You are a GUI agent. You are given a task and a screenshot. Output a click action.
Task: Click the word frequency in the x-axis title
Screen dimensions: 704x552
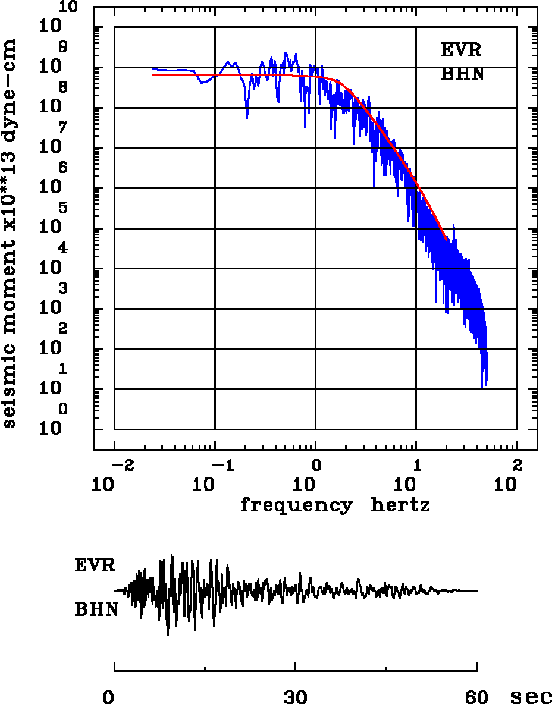296,505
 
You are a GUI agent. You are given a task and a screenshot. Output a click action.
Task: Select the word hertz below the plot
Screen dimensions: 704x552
400,505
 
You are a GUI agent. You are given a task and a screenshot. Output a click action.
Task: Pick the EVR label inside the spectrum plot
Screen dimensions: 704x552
461,50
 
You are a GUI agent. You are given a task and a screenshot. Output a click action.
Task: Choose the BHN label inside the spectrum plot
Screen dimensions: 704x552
462,75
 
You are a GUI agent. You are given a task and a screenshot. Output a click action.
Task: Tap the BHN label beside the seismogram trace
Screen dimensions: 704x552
96,609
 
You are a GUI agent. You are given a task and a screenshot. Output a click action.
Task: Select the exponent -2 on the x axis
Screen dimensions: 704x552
119,464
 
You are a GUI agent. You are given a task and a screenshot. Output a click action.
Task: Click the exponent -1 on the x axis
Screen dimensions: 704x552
219,464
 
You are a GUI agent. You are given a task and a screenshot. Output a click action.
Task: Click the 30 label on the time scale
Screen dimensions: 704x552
295,696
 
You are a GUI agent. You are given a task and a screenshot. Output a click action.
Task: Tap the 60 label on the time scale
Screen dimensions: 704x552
477,696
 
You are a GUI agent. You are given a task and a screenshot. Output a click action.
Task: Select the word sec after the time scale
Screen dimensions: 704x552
531,697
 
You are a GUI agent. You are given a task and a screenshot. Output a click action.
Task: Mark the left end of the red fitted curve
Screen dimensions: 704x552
153,74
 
